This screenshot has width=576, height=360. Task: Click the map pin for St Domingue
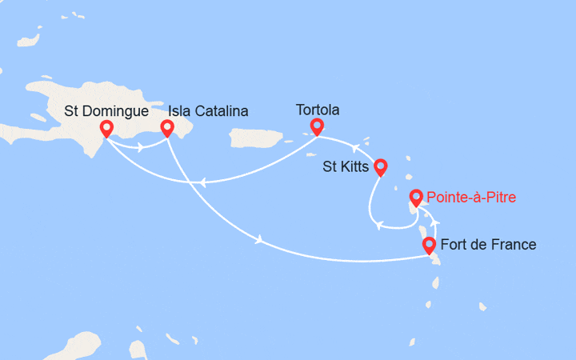(x=106, y=128)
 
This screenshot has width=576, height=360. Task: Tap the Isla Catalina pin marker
(x=168, y=128)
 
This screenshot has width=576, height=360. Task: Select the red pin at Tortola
(x=317, y=126)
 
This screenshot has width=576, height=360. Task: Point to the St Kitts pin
(x=381, y=166)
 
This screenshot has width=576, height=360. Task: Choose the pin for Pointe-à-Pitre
(x=416, y=197)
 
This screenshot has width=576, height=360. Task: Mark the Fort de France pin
(x=429, y=245)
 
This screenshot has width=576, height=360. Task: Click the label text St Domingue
(x=106, y=110)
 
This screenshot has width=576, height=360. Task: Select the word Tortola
(x=318, y=108)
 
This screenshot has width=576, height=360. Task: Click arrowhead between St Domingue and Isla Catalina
(x=141, y=146)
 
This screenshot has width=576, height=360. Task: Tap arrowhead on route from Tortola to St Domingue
(x=206, y=181)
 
